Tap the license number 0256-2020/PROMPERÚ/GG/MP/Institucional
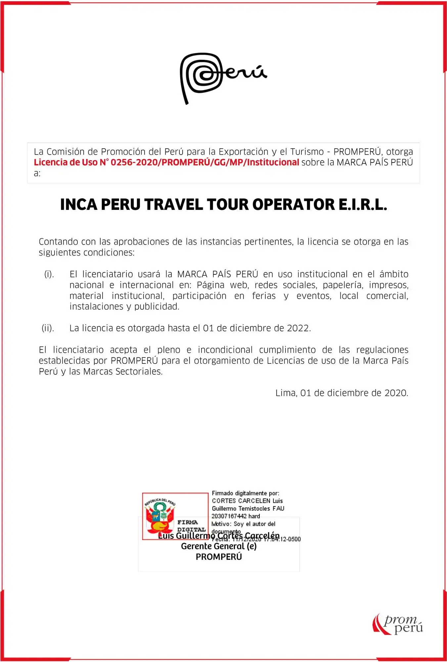pyautogui.click(x=205, y=163)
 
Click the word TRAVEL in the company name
pyautogui.click(x=173, y=205)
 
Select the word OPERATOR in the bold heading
pyautogui.click(x=293, y=205)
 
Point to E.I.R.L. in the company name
pyautogui.click(x=362, y=205)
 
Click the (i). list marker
pyautogui.click(x=49, y=274)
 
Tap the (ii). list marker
pyautogui.click(x=48, y=328)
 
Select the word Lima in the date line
pyautogui.click(x=286, y=393)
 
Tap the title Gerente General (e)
pyautogui.click(x=219, y=546)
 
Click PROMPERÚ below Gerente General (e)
pyautogui.click(x=219, y=557)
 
